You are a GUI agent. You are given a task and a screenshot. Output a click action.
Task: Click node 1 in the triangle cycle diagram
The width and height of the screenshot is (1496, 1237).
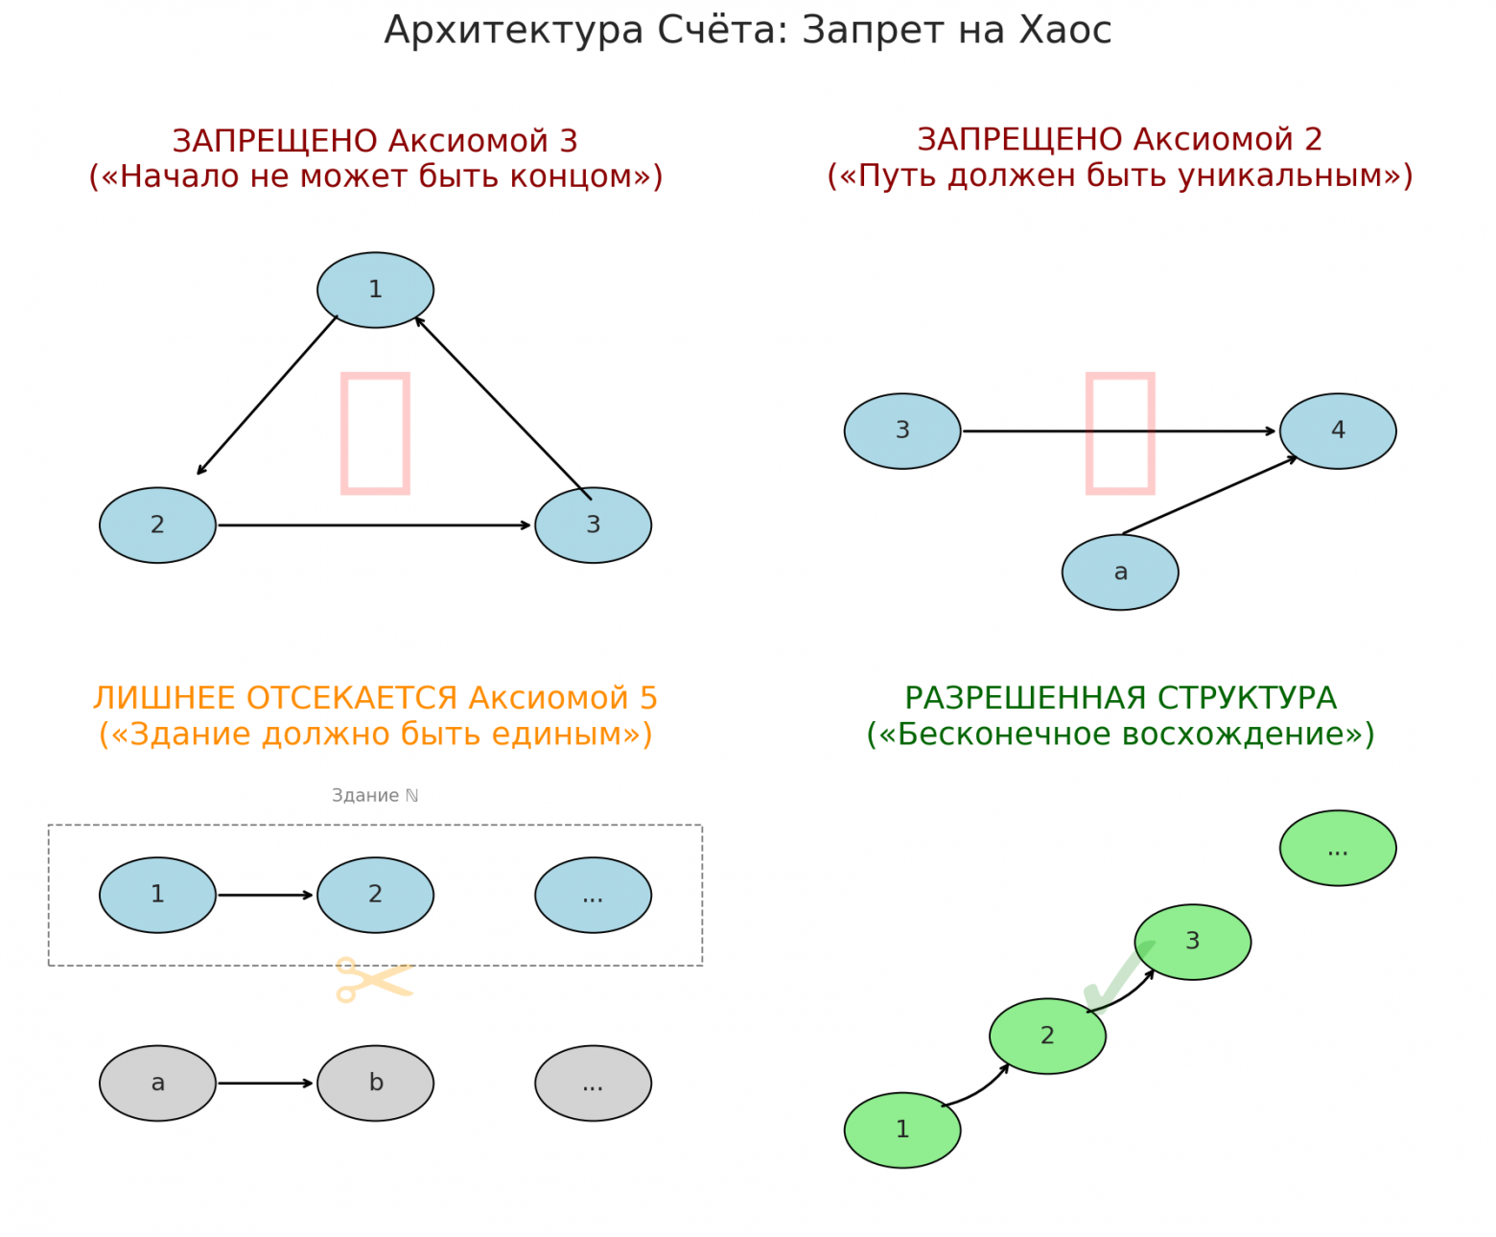pos(375,290)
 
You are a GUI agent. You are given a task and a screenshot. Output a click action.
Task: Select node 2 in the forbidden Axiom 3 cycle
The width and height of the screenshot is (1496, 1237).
pos(157,525)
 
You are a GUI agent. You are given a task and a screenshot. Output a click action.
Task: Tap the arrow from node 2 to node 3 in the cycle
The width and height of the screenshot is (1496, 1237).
pos(374,525)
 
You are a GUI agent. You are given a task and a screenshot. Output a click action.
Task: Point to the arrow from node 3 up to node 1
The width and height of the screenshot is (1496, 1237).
pos(503,408)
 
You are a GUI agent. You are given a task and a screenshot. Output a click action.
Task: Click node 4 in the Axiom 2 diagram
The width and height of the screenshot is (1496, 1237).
pos(1337,431)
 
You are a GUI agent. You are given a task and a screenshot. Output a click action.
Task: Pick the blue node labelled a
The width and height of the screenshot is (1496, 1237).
pos(1119,572)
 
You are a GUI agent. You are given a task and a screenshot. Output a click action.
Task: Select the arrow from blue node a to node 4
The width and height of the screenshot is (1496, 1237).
pos(1209,495)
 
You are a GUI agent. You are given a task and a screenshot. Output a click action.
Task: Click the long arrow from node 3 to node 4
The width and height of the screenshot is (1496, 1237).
pos(1118,431)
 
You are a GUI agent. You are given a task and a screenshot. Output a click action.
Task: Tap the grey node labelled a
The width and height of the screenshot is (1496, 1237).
pos(157,1083)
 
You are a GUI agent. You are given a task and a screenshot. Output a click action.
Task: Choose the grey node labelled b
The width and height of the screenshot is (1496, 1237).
pos(375,1083)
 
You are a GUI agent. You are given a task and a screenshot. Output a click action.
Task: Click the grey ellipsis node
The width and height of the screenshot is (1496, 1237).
pos(593,1083)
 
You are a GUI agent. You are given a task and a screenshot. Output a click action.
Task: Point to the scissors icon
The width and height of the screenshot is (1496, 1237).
pos(373,979)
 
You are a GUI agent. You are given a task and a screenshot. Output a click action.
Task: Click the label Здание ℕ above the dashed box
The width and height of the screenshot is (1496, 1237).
pos(375,795)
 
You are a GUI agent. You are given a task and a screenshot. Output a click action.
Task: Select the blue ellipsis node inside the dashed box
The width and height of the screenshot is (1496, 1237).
pos(593,895)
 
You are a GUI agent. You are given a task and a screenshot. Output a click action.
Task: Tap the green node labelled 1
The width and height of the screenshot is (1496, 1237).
pos(901,1130)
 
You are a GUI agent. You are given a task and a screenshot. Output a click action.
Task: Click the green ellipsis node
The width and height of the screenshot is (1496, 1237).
pos(1337,848)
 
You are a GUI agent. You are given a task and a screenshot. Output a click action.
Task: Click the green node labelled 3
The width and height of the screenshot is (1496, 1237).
pos(1192,942)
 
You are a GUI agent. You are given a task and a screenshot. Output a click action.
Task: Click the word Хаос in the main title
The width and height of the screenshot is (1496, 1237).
pos(1064,31)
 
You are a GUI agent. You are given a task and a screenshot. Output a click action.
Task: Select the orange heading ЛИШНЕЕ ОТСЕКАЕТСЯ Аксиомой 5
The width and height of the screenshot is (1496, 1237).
pos(375,698)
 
